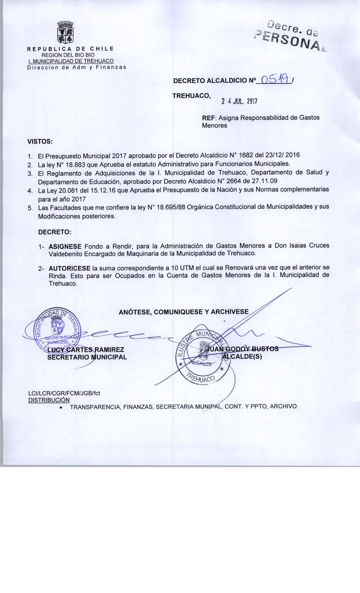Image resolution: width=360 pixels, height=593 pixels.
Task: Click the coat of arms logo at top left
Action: click(66, 32)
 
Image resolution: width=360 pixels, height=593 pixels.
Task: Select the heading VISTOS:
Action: click(40, 141)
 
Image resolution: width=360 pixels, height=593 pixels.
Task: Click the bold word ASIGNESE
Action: click(65, 245)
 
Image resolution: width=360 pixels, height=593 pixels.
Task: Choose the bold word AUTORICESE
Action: click(69, 268)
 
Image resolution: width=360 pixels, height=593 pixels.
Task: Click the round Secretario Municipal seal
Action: click(58, 329)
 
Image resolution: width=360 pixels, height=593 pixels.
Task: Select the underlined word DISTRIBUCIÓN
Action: click(49, 400)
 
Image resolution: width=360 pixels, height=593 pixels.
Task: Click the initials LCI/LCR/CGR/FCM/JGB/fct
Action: click(64, 393)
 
